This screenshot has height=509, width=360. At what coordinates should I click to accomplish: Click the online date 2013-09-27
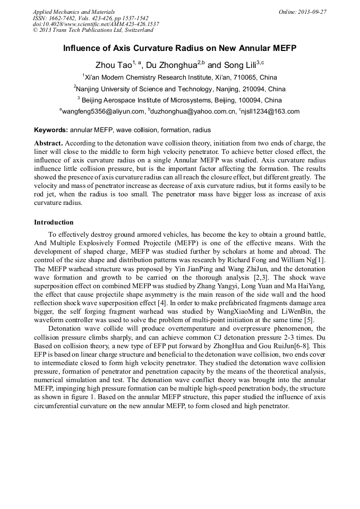311,12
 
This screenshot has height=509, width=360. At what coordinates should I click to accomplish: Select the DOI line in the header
96,24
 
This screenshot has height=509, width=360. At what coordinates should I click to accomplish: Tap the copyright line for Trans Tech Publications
93,30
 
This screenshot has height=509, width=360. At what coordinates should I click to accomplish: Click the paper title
179,48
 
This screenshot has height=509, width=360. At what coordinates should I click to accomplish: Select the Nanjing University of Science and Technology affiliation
179,89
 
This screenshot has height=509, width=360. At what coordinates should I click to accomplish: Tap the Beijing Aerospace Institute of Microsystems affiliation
179,100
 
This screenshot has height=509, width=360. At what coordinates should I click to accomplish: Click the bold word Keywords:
51,130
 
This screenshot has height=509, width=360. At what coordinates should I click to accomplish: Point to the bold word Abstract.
48,143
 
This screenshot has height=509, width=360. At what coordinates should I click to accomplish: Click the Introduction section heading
54,222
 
